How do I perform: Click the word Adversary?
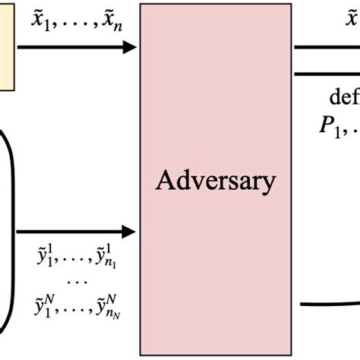[215, 182]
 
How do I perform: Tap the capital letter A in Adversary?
[165, 181]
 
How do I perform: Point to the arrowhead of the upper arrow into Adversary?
[131, 47]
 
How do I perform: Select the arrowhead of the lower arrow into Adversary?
[131, 229]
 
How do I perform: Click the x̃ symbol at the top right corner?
[352, 20]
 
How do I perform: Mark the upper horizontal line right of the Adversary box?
[327, 47]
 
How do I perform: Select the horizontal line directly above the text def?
[327, 74]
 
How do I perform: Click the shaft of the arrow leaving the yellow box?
[68, 47]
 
